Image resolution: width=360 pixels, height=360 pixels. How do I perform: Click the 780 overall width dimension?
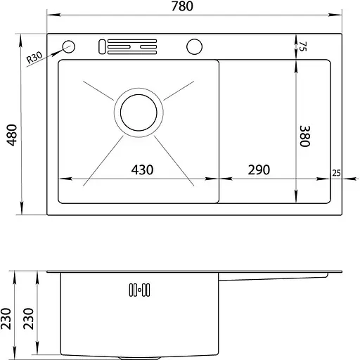pos(182,6)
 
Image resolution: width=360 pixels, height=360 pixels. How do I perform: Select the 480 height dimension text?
pos(11,135)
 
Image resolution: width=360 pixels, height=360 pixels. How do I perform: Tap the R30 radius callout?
pos(34,58)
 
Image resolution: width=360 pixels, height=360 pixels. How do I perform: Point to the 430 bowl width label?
pos(142,169)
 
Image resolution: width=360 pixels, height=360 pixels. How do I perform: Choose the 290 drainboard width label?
pos(259,169)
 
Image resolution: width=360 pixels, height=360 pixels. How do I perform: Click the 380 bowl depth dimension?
pos(305,136)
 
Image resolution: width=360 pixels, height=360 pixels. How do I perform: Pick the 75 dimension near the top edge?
pos(302,46)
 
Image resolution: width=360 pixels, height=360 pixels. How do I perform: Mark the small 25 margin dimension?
pos(336,173)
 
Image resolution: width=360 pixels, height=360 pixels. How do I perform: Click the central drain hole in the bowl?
pos(139,112)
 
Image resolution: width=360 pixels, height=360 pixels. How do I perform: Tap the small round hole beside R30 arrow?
pos(69,46)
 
